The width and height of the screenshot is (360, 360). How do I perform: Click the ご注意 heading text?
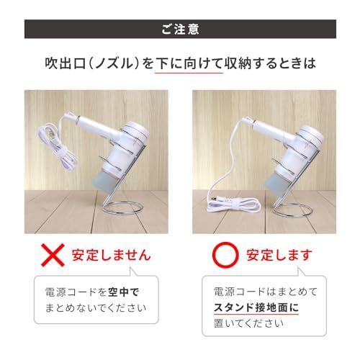pos(180,30)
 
